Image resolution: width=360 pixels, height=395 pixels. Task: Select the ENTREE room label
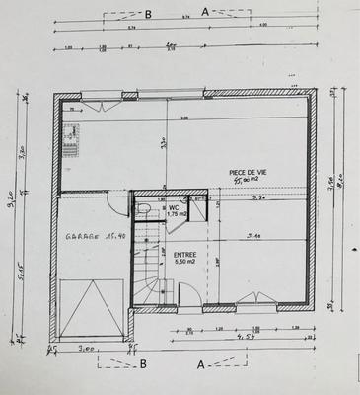[x=185, y=254]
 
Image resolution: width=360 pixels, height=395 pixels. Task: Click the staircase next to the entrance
[x=148, y=267]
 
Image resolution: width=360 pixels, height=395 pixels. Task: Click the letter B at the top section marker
[x=148, y=14]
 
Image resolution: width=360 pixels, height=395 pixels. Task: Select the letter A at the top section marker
[x=205, y=13]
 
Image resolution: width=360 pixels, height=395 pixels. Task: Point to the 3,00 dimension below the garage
[x=86, y=348]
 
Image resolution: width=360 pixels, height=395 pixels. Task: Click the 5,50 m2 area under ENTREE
[x=185, y=262]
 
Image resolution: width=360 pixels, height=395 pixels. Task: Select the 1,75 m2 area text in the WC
[x=177, y=214]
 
